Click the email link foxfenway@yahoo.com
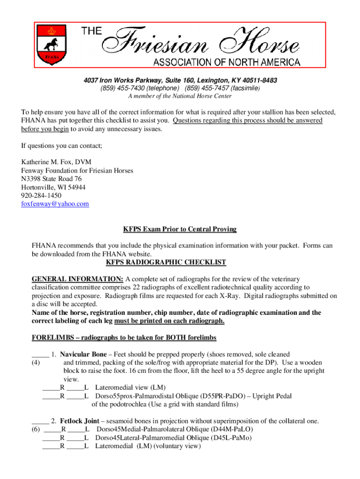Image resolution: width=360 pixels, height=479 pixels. coord(55,204)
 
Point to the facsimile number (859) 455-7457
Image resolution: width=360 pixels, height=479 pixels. coord(207,88)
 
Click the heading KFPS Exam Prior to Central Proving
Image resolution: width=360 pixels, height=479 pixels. coord(180,229)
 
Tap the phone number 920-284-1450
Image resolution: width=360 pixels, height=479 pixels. coord(41,196)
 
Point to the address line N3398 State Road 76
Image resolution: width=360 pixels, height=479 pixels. coord(52,179)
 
